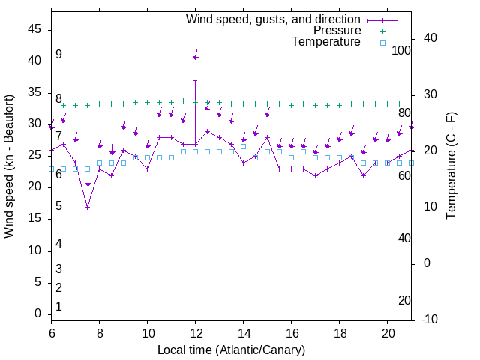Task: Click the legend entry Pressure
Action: point(337,31)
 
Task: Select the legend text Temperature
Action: point(326,42)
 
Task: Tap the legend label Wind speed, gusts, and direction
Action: point(274,19)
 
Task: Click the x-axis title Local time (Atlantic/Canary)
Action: point(231,350)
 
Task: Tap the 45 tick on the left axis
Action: point(34,29)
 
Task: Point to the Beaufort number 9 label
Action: point(58,55)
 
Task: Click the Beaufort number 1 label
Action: point(58,307)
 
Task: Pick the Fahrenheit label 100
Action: point(401,51)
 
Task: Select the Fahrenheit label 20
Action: point(404,301)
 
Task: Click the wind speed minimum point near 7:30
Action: point(87,207)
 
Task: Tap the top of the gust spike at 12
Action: point(195,80)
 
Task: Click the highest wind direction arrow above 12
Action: point(196,56)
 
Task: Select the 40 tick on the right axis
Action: point(432,38)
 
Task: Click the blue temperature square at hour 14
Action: point(243,146)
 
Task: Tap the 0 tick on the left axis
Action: point(37,313)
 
